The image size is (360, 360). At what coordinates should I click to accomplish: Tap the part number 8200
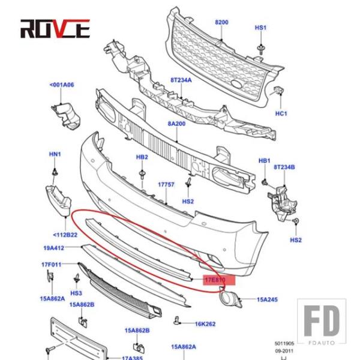pos(222,22)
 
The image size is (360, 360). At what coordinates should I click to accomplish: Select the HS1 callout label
pos(260,28)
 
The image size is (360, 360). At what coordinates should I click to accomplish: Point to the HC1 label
pos(281,113)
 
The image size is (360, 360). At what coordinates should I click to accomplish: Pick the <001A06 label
pos(62,85)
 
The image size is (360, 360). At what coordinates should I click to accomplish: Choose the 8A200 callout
pos(176,124)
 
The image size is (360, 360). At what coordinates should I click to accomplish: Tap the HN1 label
pos(55,155)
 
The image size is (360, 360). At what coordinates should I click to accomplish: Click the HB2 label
pos(142,157)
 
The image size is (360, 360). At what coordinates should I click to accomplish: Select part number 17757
pos(166,184)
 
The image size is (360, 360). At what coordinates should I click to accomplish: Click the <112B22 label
pos(64,235)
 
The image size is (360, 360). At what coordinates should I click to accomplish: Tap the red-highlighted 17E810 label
pos(214,280)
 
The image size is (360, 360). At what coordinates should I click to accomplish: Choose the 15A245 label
pos(268,299)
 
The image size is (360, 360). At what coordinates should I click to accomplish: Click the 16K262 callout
pos(205,324)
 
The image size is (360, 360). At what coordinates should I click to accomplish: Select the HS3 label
pos(76,293)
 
